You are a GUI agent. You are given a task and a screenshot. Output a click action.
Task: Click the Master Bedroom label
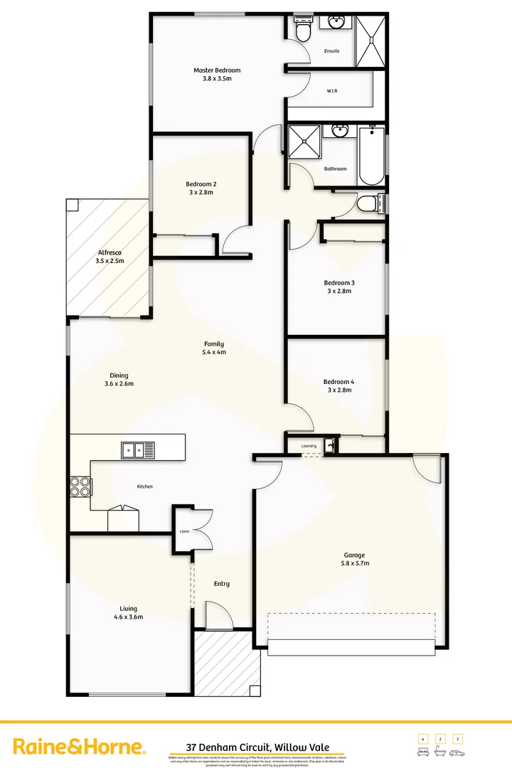[x=217, y=70]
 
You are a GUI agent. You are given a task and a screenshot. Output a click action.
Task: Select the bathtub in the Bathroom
[x=371, y=156]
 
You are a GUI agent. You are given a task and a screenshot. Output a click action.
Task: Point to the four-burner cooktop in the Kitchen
[x=80, y=486]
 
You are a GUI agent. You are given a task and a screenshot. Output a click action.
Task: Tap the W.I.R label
[x=331, y=91]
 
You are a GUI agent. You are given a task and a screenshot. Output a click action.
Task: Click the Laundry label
[x=308, y=446]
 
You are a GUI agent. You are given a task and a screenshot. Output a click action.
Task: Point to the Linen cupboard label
[x=183, y=531]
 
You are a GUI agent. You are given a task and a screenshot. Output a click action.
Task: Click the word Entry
[x=222, y=584]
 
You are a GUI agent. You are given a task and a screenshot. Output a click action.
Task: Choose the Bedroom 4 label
[x=338, y=382]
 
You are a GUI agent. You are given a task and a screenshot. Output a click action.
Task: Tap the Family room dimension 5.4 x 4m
[x=215, y=352]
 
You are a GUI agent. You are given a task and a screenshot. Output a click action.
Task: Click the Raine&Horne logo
[x=80, y=747]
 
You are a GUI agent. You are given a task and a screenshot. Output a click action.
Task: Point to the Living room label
[x=129, y=609]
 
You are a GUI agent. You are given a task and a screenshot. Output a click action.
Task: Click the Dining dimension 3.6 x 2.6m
[x=119, y=384]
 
